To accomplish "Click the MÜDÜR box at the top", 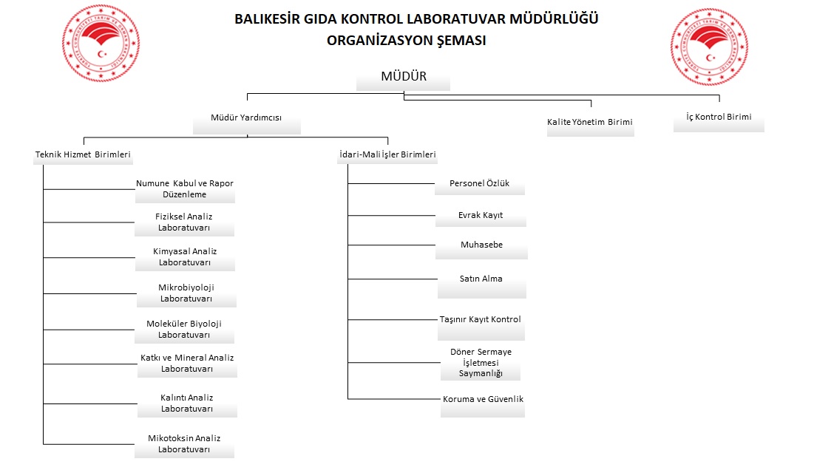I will point(403,77).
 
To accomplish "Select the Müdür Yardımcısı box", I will point(246,118).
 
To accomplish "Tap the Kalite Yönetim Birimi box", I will point(589,122).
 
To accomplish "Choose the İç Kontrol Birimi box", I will point(718,117).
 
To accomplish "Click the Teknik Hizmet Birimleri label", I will point(83,155).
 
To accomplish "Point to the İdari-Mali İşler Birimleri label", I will point(387,155).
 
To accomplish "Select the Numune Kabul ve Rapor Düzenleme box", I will point(185,189).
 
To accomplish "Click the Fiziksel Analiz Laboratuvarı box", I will point(185,222).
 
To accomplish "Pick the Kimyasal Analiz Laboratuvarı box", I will point(185,257).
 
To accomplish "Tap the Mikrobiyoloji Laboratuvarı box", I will point(186,293).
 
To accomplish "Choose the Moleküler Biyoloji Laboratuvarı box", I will point(184,330).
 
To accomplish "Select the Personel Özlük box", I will point(480,184).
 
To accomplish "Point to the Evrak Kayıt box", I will point(480,216).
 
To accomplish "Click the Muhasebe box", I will point(481,245).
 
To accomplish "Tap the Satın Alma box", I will point(481,279).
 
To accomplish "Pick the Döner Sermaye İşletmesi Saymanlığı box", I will point(481,363).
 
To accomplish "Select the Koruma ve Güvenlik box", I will point(482,400).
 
